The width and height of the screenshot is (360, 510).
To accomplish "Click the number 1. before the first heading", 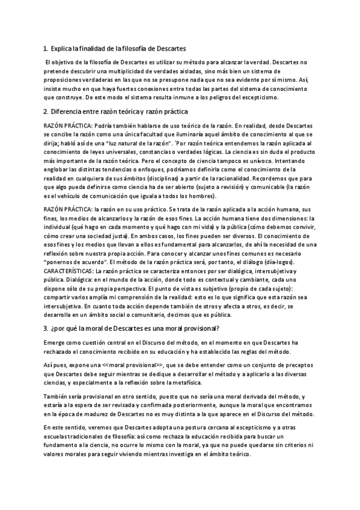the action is tap(46, 48).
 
